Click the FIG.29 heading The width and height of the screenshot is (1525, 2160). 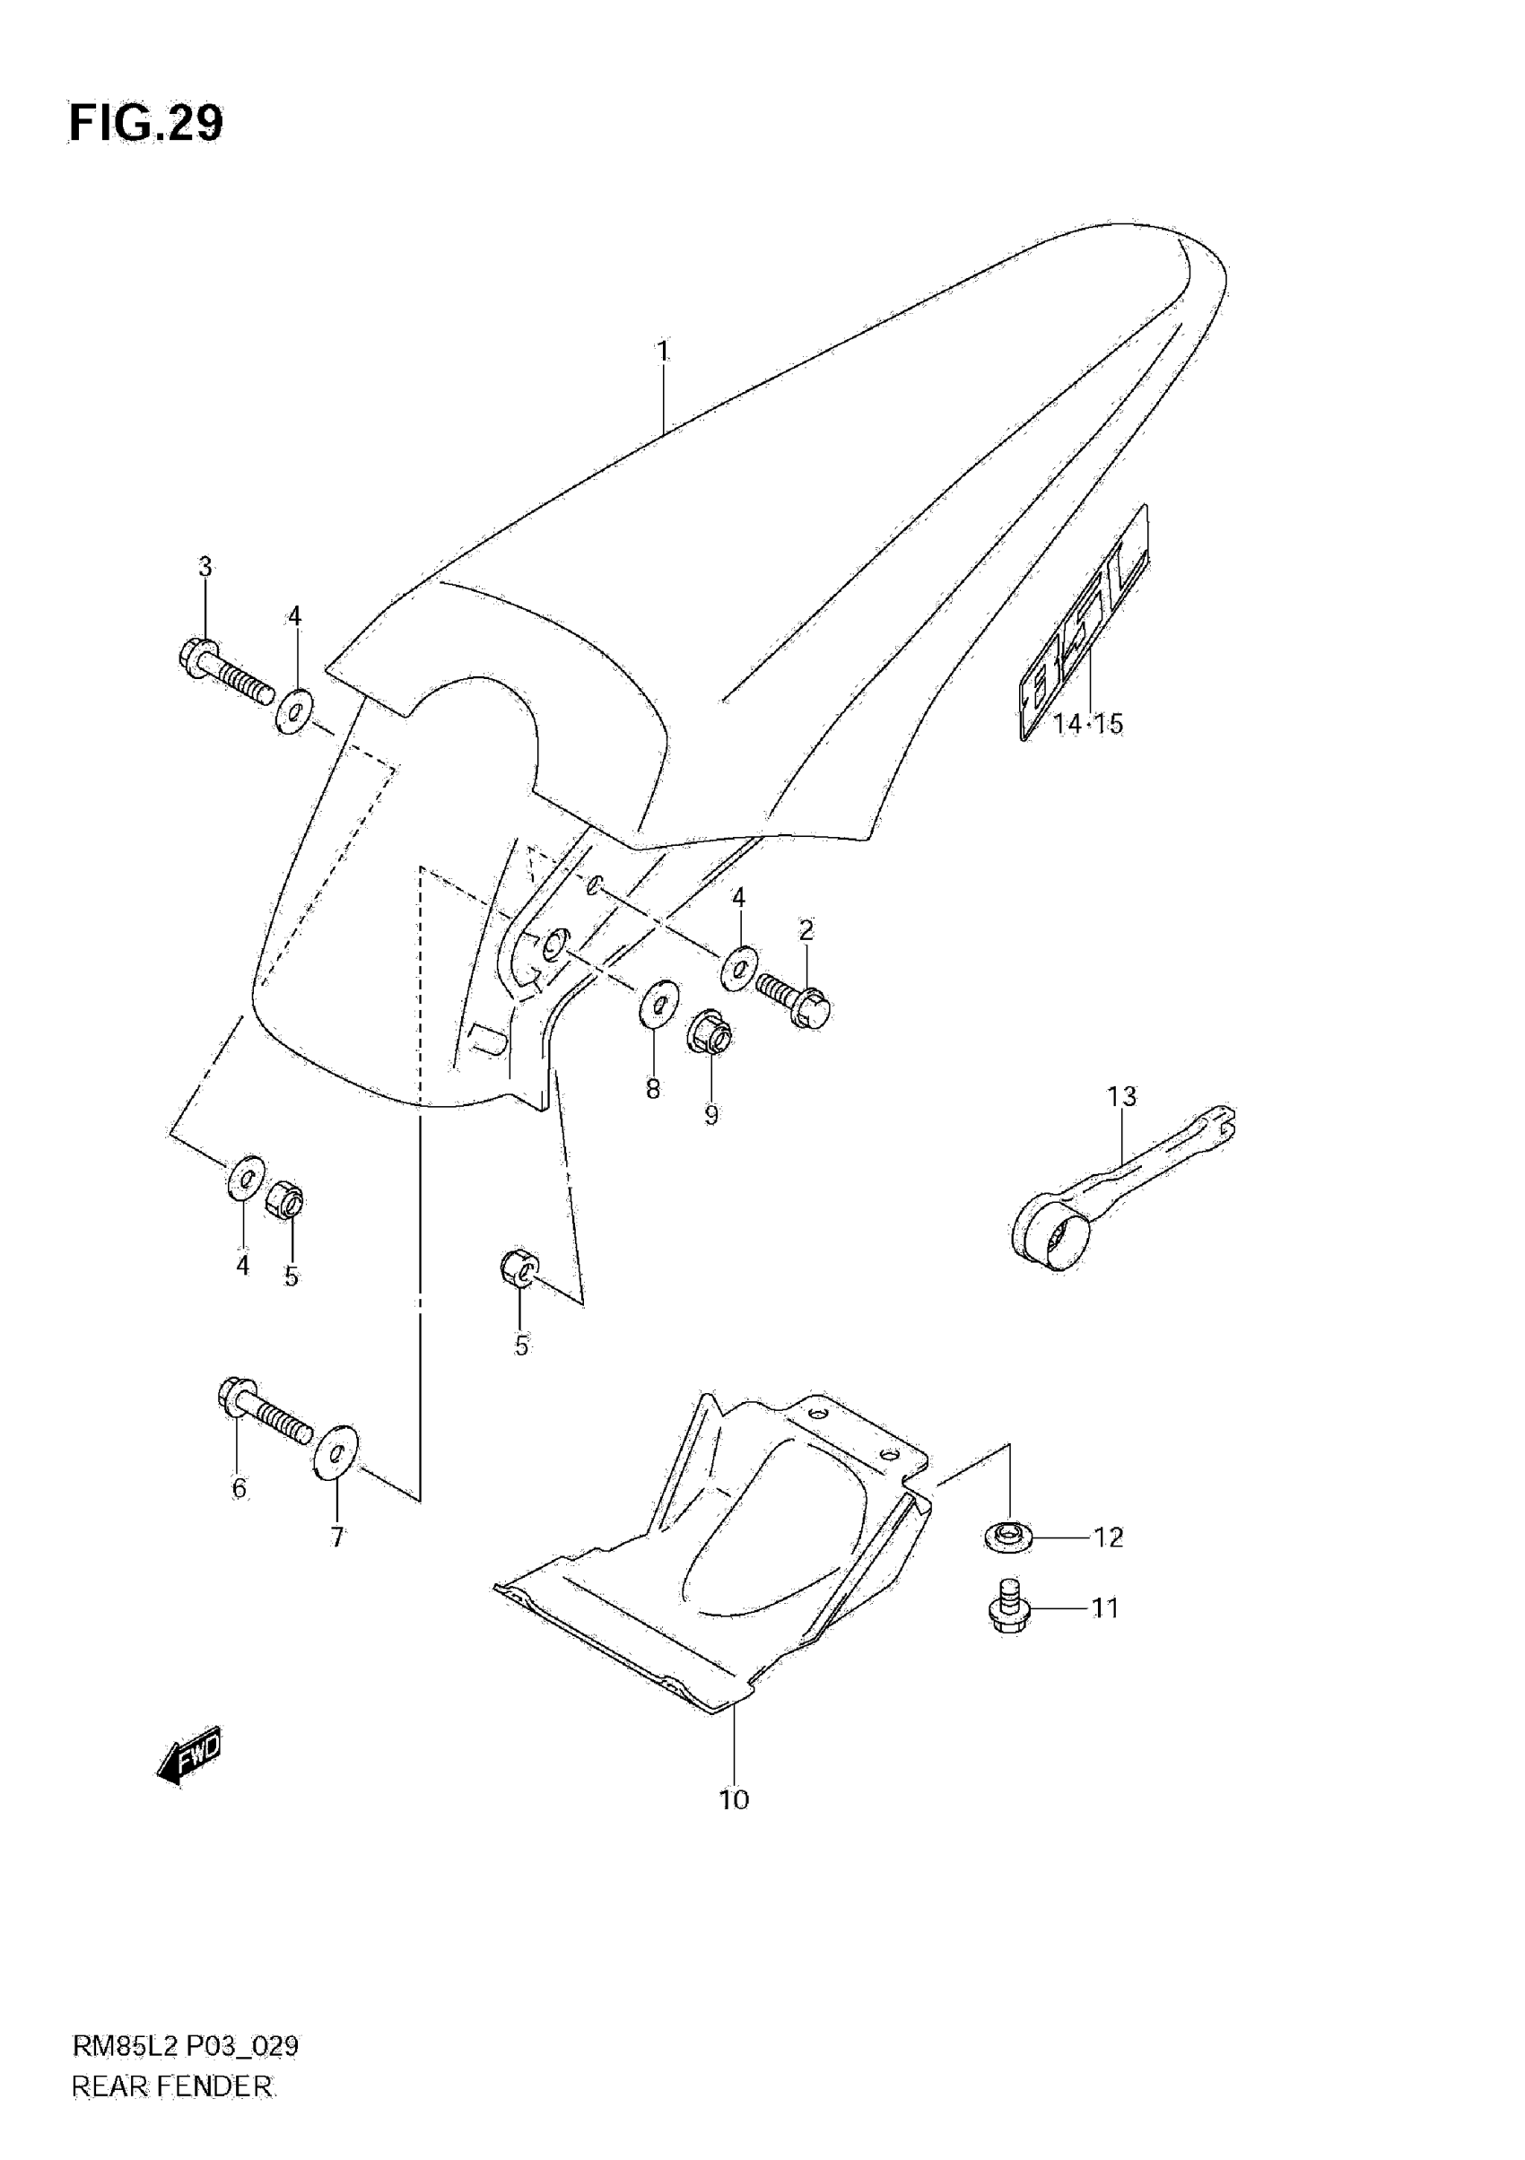click(x=146, y=124)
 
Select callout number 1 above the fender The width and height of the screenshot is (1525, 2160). click(x=662, y=352)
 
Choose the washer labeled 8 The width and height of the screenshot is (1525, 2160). click(x=659, y=1003)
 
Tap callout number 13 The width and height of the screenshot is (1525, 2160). click(x=1121, y=1096)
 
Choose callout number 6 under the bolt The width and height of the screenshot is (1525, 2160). click(x=239, y=1487)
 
